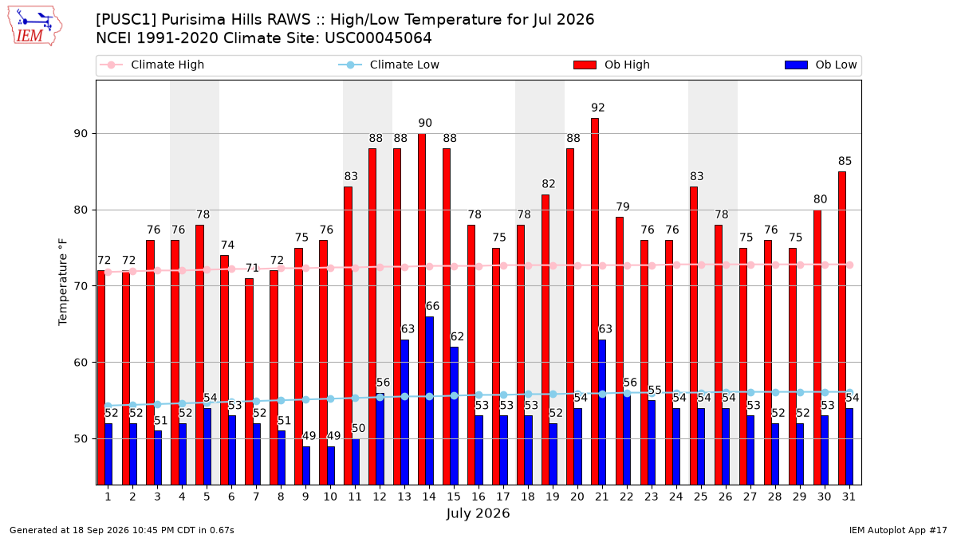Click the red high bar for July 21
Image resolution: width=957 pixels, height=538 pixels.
(x=595, y=301)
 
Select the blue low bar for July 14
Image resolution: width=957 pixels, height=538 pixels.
(x=429, y=400)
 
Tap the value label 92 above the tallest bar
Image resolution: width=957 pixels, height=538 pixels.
(x=597, y=108)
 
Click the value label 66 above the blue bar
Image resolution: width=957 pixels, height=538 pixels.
(x=432, y=306)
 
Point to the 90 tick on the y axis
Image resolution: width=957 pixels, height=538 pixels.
(x=81, y=134)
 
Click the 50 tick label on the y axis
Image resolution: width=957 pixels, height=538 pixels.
(x=81, y=439)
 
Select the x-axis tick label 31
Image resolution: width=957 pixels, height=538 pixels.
(x=849, y=497)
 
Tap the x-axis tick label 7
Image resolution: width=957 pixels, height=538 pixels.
(x=256, y=497)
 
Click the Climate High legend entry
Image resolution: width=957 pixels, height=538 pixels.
(x=152, y=65)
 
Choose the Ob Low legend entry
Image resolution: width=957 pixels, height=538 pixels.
(x=821, y=65)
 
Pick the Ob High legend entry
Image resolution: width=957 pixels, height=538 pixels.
(x=612, y=65)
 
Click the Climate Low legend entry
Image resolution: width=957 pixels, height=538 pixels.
(x=389, y=65)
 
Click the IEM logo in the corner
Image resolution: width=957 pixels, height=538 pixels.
(x=34, y=26)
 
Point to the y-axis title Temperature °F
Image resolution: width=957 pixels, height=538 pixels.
(x=63, y=282)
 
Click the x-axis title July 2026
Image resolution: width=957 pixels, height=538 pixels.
(x=478, y=513)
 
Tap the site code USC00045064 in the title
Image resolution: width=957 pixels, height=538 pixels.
(x=378, y=38)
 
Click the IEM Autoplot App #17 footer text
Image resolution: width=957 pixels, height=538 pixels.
(x=898, y=530)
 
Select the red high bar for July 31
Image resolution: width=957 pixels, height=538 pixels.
(x=841, y=328)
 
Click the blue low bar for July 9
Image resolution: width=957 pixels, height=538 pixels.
(x=306, y=465)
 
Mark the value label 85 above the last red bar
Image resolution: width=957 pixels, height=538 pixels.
(x=845, y=161)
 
